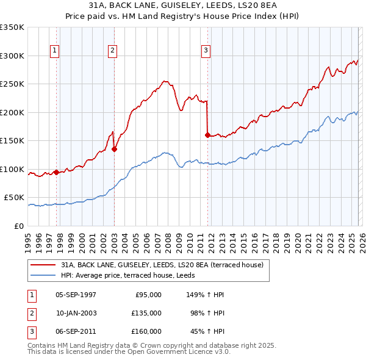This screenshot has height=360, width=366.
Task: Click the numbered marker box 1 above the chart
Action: pyautogui.click(x=56, y=51)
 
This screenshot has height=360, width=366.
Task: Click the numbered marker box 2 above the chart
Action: pyautogui.click(x=113, y=51)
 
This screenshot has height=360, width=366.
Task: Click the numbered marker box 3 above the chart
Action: pyautogui.click(x=206, y=51)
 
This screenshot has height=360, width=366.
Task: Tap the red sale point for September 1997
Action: pyautogui.click(x=57, y=172)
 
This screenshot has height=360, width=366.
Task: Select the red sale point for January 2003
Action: pyautogui.click(x=114, y=148)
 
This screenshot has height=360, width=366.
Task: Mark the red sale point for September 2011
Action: pyautogui.click(x=207, y=135)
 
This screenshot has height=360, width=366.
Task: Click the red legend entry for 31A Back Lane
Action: pyautogui.click(x=162, y=265)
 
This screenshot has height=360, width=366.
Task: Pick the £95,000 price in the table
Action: pyautogui.click(x=146, y=295)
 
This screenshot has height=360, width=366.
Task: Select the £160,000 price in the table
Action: pyautogui.click(x=146, y=331)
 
